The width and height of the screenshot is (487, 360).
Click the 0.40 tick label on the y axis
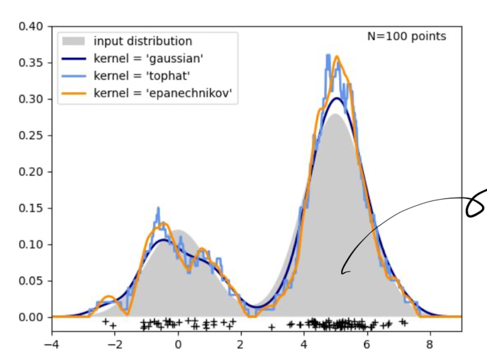click(x=30, y=27)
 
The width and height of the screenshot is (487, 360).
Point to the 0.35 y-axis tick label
click(x=30, y=63)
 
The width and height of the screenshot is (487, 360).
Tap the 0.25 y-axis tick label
click(x=30, y=136)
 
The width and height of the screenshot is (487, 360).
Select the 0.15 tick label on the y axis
click(x=30, y=208)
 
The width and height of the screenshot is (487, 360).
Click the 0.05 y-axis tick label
click(x=30, y=281)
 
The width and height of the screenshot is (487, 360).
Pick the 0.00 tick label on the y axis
click(x=30, y=317)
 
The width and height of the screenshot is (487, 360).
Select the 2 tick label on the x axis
click(x=241, y=346)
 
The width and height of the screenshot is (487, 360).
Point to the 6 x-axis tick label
click(x=367, y=346)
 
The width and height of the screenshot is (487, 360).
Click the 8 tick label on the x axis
click(x=430, y=346)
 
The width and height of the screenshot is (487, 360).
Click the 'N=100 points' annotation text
click(x=406, y=36)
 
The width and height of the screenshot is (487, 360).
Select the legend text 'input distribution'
click(x=142, y=42)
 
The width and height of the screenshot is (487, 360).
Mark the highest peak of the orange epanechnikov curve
click(x=337, y=57)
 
